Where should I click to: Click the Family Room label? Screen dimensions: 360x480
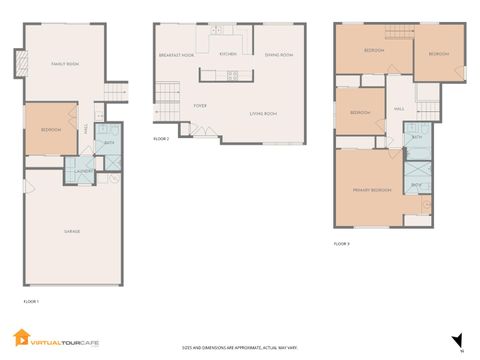pyautogui.click(x=65, y=63)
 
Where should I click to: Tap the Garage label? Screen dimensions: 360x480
pyautogui.click(x=73, y=230)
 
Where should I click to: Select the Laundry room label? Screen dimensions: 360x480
pyautogui.click(x=84, y=171)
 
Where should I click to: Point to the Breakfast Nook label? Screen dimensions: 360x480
pyautogui.click(x=176, y=55)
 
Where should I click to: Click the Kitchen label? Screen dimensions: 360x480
pyautogui.click(x=228, y=55)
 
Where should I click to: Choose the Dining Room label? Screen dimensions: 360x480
pyautogui.click(x=279, y=55)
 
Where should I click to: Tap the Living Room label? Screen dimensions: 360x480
pyautogui.click(x=263, y=114)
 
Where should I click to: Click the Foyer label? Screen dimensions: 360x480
pyautogui.click(x=200, y=103)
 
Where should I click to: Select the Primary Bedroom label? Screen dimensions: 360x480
pyautogui.click(x=371, y=189)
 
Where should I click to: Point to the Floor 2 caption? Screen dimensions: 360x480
pyautogui.click(x=161, y=139)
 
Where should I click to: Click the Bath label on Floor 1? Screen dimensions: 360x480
pyautogui.click(x=109, y=143)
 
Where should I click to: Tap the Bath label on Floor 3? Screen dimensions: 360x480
pyautogui.click(x=416, y=137)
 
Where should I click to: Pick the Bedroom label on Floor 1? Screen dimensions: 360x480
pyautogui.click(x=51, y=130)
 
